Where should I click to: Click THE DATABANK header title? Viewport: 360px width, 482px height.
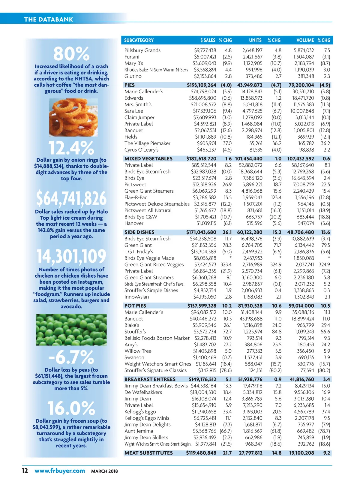click(48, 20)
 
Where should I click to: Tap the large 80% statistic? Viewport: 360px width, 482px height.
click(71, 54)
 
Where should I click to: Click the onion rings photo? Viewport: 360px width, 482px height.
click(73, 117)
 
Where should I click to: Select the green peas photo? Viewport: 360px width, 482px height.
click(71, 330)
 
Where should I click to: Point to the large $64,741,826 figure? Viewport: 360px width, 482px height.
click(71, 198)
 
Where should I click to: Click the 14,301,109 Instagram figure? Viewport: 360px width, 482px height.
click(71, 256)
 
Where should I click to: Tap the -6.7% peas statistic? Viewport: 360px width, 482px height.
click(71, 357)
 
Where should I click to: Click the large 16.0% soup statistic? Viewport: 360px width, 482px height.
click(71, 408)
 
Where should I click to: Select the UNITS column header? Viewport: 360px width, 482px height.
click(255, 40)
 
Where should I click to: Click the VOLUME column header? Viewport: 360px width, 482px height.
click(305, 40)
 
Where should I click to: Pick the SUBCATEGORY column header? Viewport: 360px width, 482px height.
click(139, 40)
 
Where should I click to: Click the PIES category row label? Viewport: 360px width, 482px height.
click(130, 85)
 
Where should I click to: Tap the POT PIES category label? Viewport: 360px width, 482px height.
click(135, 306)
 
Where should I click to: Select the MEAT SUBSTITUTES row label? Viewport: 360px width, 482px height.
click(148, 453)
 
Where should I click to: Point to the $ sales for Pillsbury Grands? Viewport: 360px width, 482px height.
click(205, 50)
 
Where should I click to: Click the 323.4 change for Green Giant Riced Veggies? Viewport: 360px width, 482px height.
click(226, 265)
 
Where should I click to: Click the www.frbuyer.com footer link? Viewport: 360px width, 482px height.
click(60, 471)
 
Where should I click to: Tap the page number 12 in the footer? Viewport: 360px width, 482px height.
click(25, 471)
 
